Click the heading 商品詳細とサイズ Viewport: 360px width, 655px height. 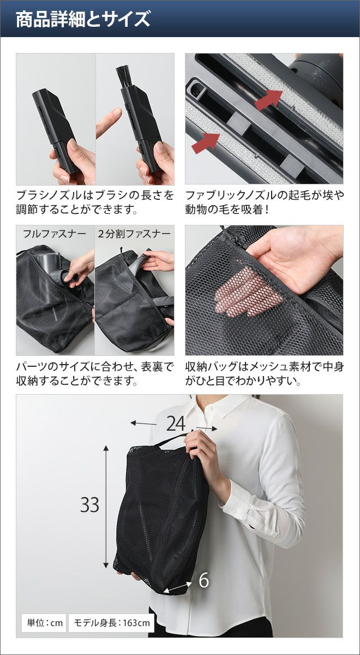83,19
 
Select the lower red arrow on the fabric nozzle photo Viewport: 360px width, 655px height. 206,143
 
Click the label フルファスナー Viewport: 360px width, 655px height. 55,234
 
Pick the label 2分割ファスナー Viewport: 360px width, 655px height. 134,234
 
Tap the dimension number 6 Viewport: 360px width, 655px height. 204,571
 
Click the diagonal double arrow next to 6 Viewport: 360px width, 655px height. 178,577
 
